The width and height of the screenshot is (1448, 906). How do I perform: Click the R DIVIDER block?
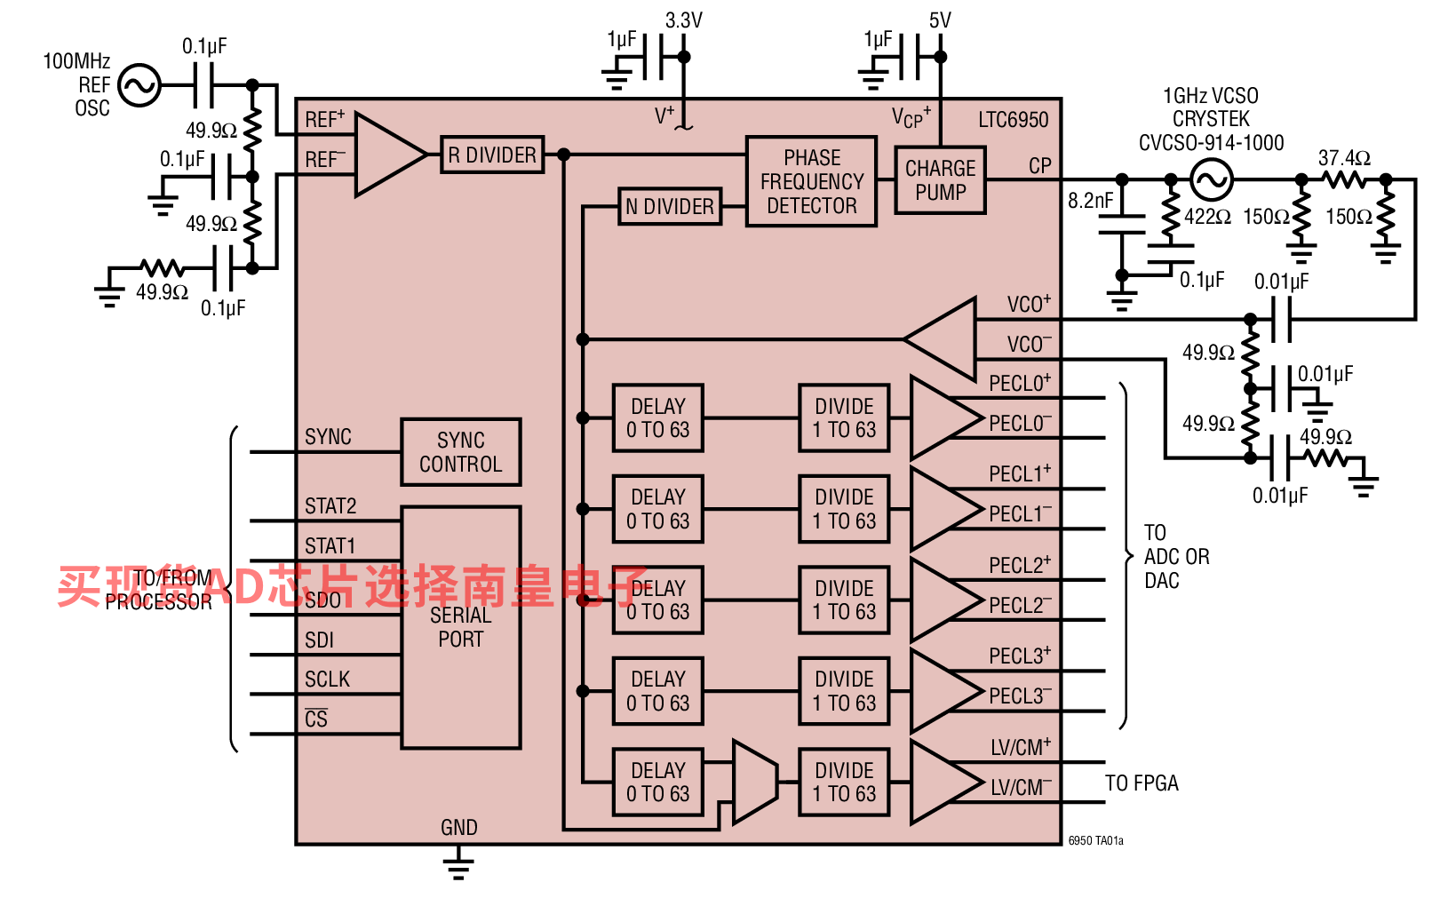click(492, 155)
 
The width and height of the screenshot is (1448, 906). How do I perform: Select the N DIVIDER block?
click(670, 207)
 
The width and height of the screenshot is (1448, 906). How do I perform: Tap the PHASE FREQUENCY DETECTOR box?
click(812, 181)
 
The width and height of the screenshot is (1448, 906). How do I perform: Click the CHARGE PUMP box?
click(941, 180)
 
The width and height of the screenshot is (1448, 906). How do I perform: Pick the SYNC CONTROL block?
click(461, 452)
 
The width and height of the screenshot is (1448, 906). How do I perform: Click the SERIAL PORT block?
click(461, 627)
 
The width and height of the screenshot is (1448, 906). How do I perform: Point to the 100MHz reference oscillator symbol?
click(139, 84)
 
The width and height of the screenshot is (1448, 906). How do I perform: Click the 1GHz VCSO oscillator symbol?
click(1212, 179)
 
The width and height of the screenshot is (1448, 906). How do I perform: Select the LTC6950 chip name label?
click(1013, 120)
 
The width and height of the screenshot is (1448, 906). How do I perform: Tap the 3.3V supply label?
click(684, 20)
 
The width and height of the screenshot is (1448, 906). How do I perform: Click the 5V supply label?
click(941, 20)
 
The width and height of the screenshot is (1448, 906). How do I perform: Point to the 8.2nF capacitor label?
click(1091, 201)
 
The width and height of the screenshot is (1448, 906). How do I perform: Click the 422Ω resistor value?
click(1207, 217)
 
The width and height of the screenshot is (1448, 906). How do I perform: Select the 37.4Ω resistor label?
click(1345, 158)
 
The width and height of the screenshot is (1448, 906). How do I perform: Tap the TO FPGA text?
click(1142, 783)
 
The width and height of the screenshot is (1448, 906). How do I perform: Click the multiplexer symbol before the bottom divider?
click(755, 783)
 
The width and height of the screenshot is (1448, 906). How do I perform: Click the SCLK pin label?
click(327, 679)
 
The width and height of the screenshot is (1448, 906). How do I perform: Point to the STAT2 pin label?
click(330, 506)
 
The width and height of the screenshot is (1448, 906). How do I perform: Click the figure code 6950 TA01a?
click(1095, 841)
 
